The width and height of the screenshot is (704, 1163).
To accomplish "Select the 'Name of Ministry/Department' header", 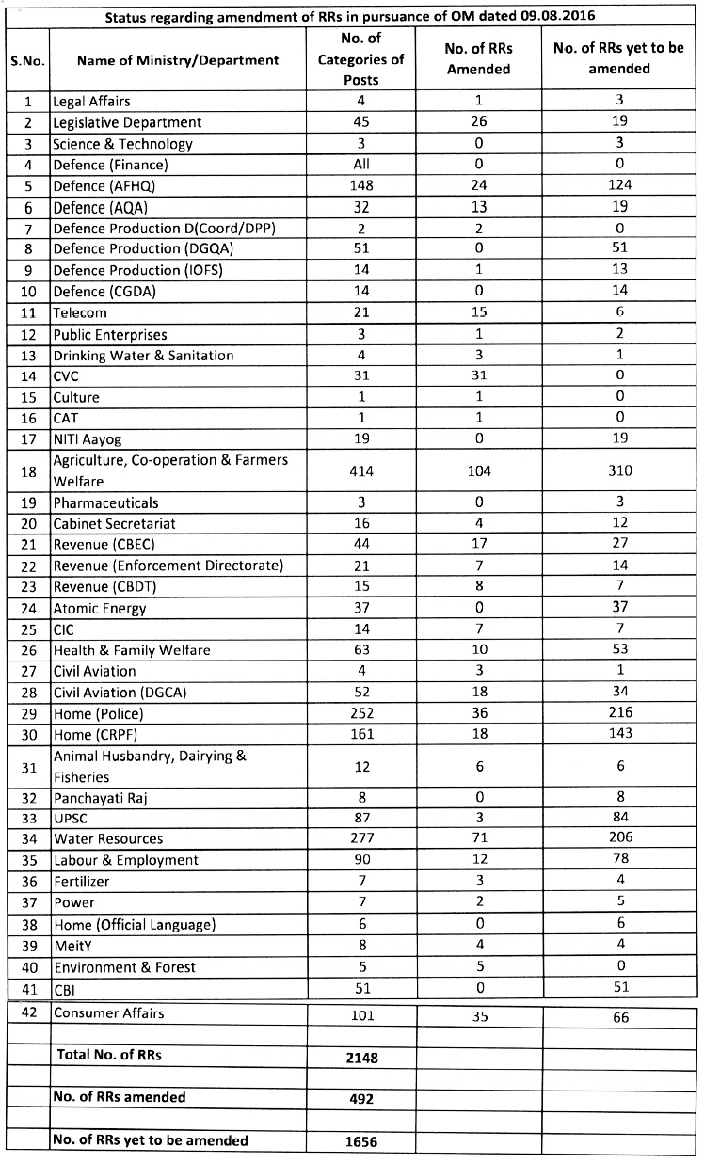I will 178,59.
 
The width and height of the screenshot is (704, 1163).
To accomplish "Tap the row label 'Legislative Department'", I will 127,122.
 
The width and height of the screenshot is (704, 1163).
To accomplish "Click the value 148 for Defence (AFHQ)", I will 360,184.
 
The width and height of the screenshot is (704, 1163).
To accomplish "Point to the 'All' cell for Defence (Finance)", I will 360,164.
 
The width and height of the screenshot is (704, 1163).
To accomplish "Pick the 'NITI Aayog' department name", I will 88,438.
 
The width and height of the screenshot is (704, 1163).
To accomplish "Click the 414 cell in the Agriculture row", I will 360,470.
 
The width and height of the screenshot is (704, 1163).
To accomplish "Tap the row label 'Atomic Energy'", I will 100,608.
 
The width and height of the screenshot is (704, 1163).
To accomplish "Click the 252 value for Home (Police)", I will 360,713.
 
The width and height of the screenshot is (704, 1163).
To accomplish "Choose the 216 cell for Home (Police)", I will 619,713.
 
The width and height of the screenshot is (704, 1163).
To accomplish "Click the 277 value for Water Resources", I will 360,839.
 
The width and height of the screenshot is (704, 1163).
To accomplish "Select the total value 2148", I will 360,1058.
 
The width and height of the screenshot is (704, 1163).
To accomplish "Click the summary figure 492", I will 360,1099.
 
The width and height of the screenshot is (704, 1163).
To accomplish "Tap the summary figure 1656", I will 360,1142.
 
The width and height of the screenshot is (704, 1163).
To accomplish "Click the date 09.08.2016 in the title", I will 560,16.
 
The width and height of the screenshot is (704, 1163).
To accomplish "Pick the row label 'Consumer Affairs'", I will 108,1013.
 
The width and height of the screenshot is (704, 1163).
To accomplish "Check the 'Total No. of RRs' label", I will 109,1055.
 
